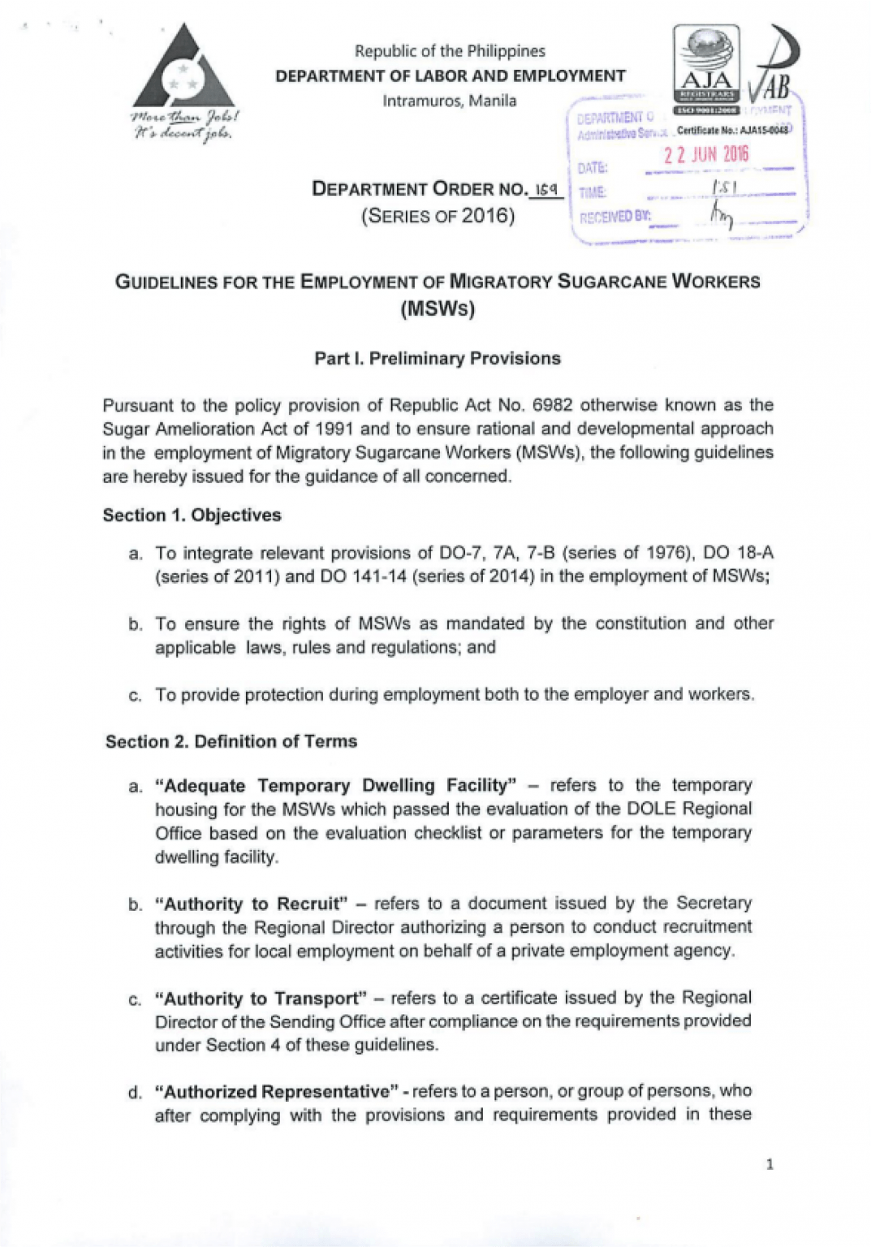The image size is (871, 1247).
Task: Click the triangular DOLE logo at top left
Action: point(183,68)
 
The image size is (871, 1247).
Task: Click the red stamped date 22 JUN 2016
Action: point(705,154)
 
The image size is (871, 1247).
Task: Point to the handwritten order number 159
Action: point(545,189)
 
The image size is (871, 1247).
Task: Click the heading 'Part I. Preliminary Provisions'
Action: point(438,359)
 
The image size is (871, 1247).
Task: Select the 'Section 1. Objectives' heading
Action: point(192,516)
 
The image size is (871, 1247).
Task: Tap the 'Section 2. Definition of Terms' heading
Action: point(231,741)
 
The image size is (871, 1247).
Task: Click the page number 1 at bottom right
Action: point(770,1164)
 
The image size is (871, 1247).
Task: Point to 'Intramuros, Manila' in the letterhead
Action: point(450,101)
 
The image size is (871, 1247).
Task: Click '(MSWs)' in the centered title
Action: point(438,309)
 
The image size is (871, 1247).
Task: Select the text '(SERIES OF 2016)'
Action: point(438,216)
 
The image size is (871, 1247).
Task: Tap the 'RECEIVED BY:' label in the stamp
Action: point(614,217)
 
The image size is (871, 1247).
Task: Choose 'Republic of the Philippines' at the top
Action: point(450,51)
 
